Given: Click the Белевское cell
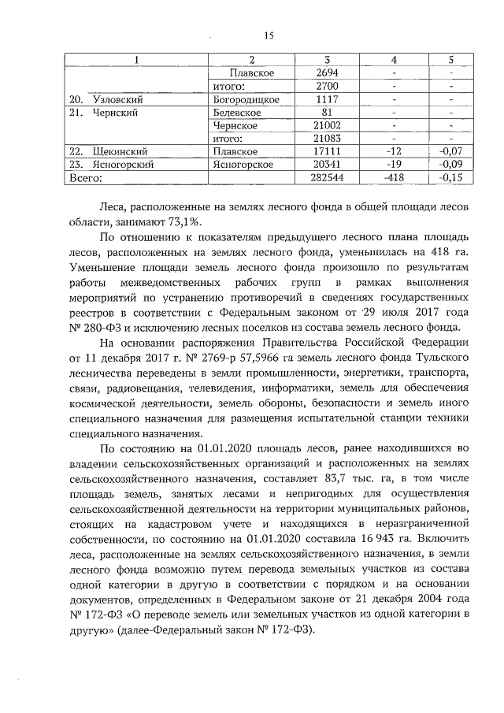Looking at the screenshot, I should [x=237, y=113].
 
